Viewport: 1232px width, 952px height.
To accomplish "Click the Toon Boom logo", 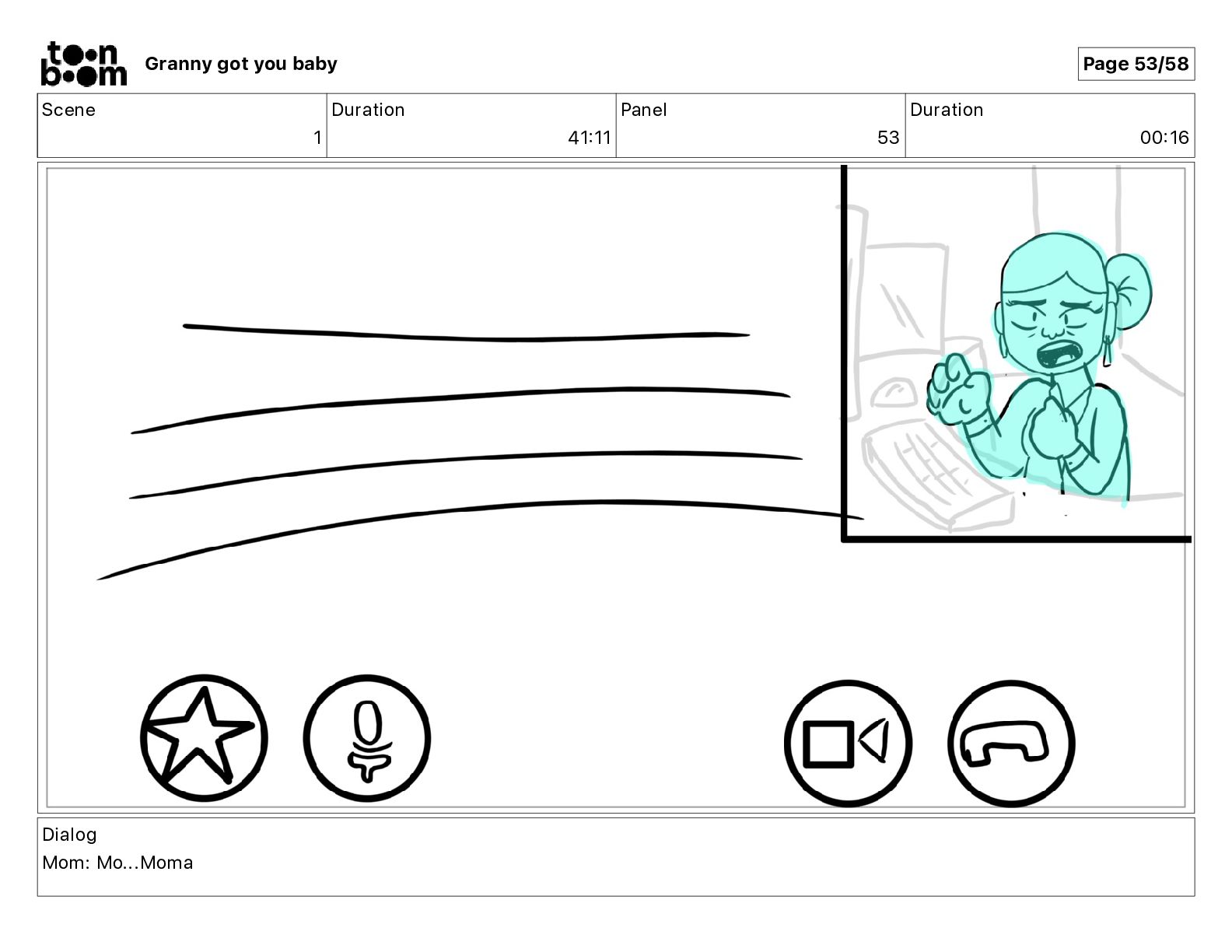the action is pyautogui.click(x=84, y=64).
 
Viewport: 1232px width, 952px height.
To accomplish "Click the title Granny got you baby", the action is pyautogui.click(x=241, y=64).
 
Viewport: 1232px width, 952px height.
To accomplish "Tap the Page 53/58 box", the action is pyautogui.click(x=1136, y=64).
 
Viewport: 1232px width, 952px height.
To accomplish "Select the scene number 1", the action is pyautogui.click(x=317, y=137).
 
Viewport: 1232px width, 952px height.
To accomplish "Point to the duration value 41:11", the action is pyautogui.click(x=589, y=137).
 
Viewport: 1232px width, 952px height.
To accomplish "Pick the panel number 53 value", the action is pyautogui.click(x=888, y=137).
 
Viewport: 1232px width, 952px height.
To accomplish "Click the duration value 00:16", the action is pyautogui.click(x=1164, y=137).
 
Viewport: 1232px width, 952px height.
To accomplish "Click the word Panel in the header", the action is pyautogui.click(x=643, y=110).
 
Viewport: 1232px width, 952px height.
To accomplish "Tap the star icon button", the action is pyautogui.click(x=204, y=737).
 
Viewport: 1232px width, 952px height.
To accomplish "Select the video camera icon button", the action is pyautogui.click(x=849, y=744).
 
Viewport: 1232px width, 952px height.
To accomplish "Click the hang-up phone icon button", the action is pyautogui.click(x=1011, y=744).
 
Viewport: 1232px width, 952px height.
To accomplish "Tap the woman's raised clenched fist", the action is pyautogui.click(x=958, y=390).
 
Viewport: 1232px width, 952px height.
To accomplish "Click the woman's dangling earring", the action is pyautogui.click(x=1106, y=351).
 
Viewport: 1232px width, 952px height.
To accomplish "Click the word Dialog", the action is pyautogui.click(x=70, y=834).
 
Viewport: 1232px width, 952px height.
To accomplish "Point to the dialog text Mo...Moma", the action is pyautogui.click(x=145, y=863).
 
